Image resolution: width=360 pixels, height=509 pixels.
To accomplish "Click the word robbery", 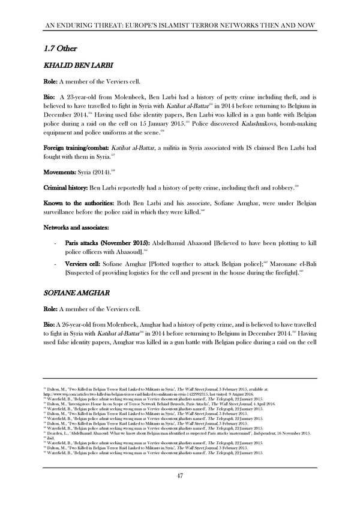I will [277, 188].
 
